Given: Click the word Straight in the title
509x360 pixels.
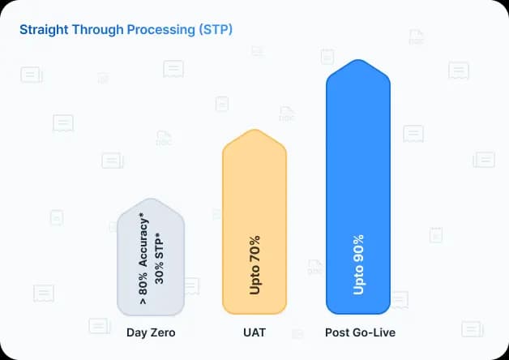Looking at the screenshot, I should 41,30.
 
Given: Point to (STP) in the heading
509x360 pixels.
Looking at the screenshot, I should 215,30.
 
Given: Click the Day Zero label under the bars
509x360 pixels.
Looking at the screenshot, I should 151,332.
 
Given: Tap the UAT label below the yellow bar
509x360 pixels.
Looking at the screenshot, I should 254,332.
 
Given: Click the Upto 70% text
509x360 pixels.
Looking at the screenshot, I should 255,265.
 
